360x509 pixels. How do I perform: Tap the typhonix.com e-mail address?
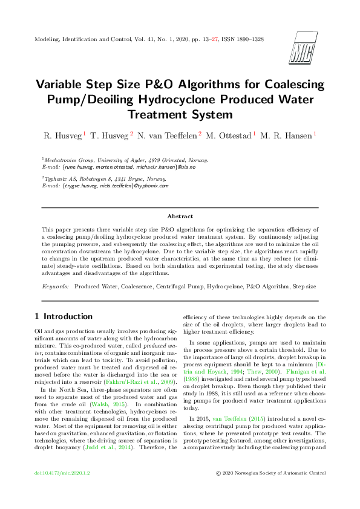(x=115, y=186)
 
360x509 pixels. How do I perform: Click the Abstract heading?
(x=180, y=216)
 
